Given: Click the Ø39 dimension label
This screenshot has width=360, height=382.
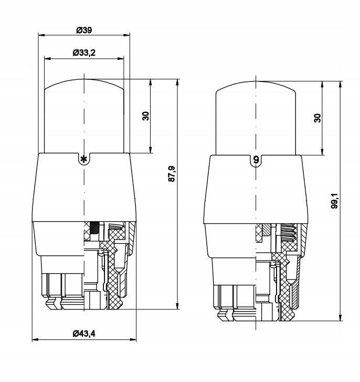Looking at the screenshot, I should tap(84, 30).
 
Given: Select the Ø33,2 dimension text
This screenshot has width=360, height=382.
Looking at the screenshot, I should tap(84, 53).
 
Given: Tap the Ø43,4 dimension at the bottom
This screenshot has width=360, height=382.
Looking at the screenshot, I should tap(84, 333).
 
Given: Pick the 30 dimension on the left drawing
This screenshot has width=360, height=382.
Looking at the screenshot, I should tap(146, 116).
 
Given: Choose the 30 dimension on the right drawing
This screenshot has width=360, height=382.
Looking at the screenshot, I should tap(317, 118).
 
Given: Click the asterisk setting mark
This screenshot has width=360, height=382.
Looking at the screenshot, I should tap(82, 159).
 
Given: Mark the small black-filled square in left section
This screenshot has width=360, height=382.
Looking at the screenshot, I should tap(94, 228).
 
